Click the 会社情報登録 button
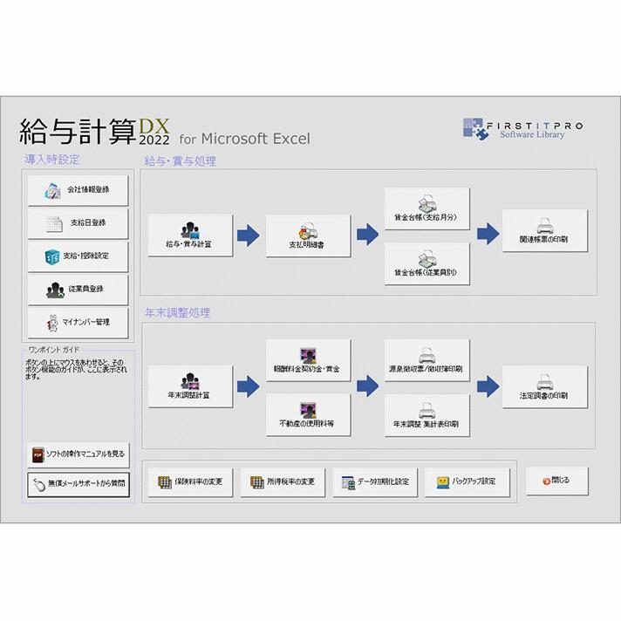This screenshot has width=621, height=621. click(78, 190)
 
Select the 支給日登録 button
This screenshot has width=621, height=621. click(78, 223)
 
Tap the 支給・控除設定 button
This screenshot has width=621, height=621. click(78, 256)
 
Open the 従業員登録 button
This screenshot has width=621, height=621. click(78, 290)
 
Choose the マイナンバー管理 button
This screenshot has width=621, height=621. click(78, 323)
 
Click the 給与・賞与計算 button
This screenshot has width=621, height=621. click(190, 235)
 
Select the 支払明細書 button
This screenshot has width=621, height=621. click(308, 235)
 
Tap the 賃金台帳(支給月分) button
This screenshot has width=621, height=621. click(427, 208)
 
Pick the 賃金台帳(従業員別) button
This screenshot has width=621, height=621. click(427, 263)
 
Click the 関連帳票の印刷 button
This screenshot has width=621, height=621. click(544, 231)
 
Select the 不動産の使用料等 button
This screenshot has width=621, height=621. click(308, 415)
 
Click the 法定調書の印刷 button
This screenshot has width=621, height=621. click(544, 386)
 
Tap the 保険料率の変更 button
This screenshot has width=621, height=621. click(190, 481)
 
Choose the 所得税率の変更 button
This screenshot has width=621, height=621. click(283, 481)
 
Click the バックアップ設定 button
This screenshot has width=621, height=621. click(467, 481)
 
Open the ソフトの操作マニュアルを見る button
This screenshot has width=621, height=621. click(78, 454)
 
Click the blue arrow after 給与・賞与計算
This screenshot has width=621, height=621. click(249, 235)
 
